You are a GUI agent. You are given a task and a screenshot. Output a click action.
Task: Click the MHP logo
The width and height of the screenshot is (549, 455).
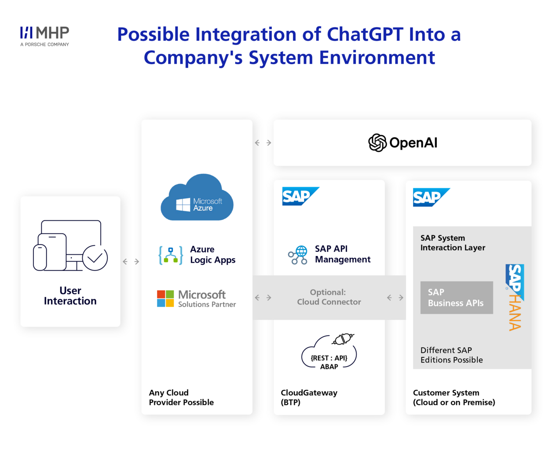pos(44,36)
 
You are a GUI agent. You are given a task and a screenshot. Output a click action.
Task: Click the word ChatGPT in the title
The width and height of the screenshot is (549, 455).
pos(365,34)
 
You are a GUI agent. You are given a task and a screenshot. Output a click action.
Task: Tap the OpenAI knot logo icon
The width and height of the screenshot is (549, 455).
pos(377,143)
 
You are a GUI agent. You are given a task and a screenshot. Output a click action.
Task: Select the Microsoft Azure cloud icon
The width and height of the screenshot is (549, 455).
pos(197,197)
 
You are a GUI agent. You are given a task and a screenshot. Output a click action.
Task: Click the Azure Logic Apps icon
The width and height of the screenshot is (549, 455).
pos(171,255)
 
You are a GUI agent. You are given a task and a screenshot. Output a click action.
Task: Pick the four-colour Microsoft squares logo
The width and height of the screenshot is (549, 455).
pos(165,298)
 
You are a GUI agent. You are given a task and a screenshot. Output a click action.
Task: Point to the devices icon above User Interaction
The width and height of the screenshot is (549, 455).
pos(70,246)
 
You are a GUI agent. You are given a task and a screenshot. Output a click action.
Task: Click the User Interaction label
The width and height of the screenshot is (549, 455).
pos(70,296)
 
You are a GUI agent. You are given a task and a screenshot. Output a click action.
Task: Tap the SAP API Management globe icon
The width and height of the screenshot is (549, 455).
pos(297,255)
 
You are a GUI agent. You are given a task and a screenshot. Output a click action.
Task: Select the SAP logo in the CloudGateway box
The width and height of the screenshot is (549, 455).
pos(300,196)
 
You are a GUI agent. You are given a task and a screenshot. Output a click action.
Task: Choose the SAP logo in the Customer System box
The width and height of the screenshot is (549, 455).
pos(431,197)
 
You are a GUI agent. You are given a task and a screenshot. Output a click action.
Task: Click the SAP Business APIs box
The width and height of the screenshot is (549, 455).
pos(457,297)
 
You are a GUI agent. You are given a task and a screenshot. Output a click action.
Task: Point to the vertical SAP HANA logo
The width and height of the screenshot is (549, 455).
pos(515,297)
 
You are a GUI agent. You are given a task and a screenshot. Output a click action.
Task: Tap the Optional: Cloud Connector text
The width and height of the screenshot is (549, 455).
pos(329,297)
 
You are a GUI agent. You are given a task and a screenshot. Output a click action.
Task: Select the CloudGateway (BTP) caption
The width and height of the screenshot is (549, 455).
pos(309,397)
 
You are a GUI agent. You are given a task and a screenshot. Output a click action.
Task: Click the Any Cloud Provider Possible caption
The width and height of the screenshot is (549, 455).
pos(181,397)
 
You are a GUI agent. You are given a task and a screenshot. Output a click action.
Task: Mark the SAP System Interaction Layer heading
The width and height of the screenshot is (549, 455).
pos(453,243)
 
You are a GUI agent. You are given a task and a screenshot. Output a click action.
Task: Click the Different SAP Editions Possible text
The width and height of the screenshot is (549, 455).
pos(451,355)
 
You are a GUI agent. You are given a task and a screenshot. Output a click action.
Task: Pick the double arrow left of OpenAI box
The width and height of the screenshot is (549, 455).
pos(263,143)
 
